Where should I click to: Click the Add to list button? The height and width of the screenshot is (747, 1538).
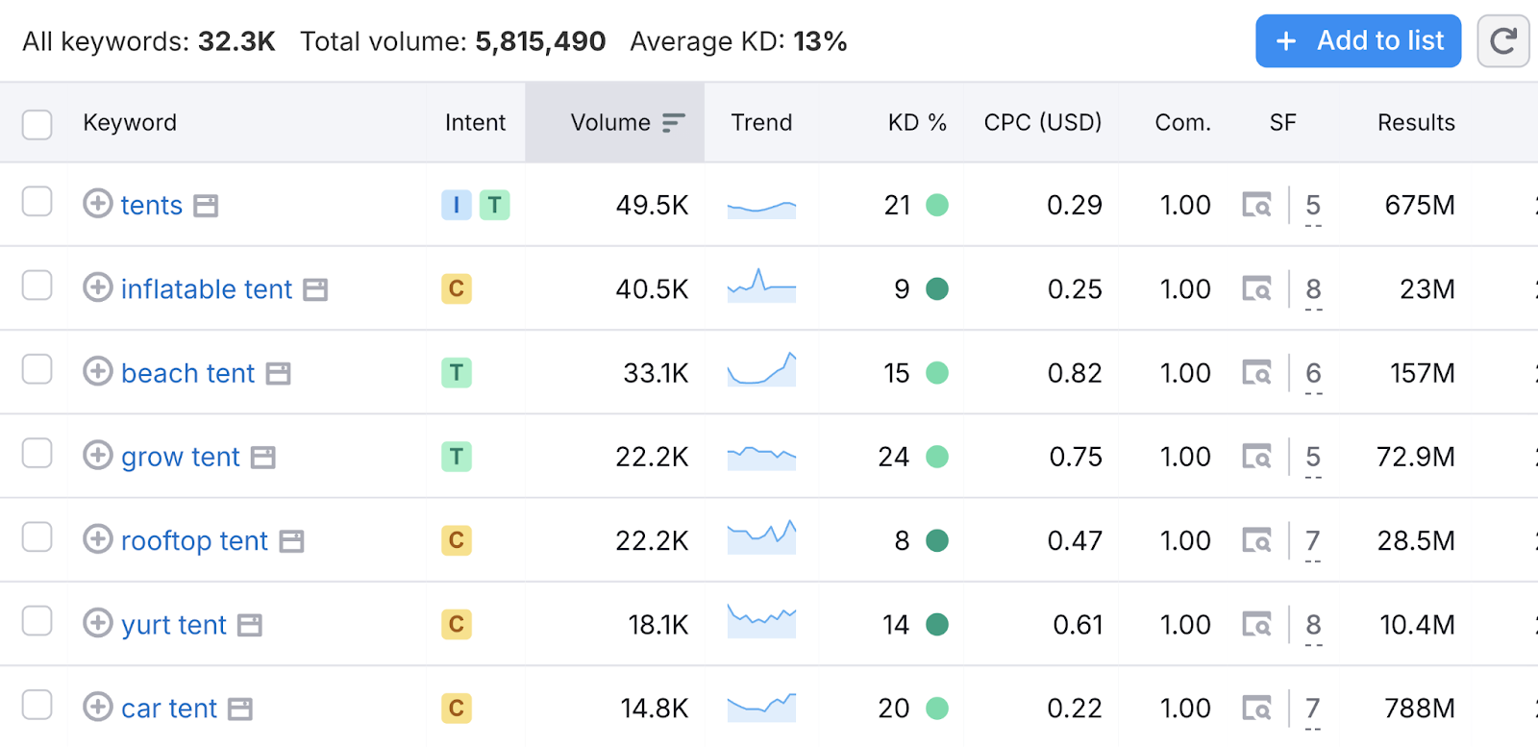[1357, 41]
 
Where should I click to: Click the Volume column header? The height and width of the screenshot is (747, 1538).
[611, 123]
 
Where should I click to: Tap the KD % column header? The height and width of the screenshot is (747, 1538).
[916, 123]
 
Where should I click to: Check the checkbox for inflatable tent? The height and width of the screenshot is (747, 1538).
[37, 286]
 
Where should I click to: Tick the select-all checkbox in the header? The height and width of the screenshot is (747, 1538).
[37, 124]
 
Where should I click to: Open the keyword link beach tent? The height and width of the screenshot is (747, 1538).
[187, 373]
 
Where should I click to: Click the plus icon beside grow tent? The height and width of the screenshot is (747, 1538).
[97, 455]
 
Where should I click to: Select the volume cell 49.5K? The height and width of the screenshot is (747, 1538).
[652, 205]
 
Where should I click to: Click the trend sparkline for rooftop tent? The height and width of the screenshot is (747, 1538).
[761, 538]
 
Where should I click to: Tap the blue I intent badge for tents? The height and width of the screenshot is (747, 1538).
[456, 205]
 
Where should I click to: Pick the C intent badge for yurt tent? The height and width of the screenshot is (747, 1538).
[457, 625]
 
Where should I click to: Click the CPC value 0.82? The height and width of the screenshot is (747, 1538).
[1074, 373]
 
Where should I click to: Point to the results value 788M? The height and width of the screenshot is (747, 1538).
[1419, 709]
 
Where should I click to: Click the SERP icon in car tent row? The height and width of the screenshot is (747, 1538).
[1256, 709]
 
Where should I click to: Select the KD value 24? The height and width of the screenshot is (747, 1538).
[893, 457]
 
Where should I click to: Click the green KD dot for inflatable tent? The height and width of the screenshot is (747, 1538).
[937, 288]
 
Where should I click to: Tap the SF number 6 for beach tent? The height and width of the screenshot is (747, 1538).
[1313, 373]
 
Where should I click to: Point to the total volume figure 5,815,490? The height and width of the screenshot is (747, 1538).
[540, 41]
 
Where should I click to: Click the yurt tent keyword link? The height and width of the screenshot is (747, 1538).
[174, 625]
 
